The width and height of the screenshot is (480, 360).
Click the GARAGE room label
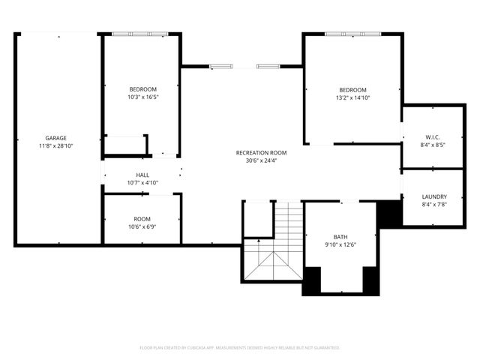tap(55, 138)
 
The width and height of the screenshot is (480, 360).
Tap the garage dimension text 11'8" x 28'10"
tap(55, 145)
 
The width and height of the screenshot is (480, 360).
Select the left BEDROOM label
tap(142, 89)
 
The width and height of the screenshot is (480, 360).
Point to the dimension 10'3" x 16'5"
tap(142, 97)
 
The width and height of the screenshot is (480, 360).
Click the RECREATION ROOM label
tap(261, 153)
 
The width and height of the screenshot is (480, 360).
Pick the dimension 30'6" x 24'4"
tap(261, 160)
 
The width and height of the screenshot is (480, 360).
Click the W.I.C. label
tap(432, 137)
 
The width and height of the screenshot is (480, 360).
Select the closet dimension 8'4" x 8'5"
tap(432, 145)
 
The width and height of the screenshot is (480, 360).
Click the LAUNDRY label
tap(434, 196)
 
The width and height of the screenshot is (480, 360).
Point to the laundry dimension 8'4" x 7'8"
tap(434, 204)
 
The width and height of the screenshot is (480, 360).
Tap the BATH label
tap(340, 237)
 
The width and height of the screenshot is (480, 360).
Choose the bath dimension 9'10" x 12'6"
tap(340, 244)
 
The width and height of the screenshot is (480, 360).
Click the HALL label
tap(142, 175)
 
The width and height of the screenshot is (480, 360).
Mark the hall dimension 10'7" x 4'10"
tap(142, 182)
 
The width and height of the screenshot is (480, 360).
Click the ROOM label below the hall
tap(142, 219)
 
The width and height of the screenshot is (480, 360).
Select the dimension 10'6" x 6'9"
tap(142, 226)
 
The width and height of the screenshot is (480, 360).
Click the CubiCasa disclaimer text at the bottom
tap(240, 348)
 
